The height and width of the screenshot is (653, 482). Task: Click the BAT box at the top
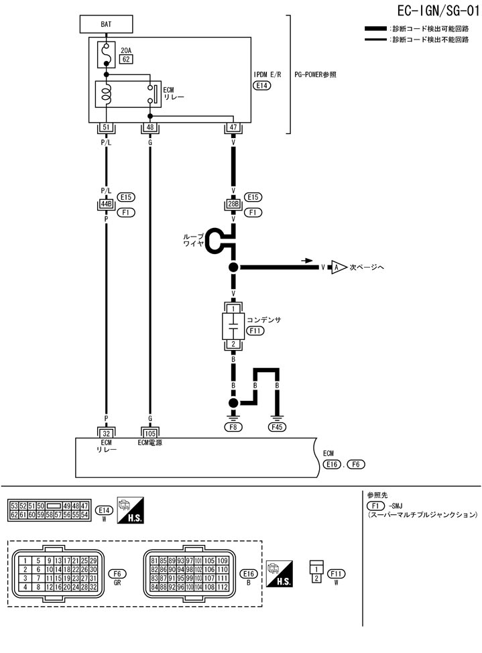(x=107, y=24)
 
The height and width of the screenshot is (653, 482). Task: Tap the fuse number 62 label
(x=125, y=60)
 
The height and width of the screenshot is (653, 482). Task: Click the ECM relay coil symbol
(x=106, y=93)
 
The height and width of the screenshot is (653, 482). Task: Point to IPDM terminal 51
(x=106, y=127)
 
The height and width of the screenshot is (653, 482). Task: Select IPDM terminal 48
(x=149, y=127)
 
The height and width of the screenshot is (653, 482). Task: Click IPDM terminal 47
(x=233, y=127)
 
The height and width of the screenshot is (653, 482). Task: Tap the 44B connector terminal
(x=106, y=203)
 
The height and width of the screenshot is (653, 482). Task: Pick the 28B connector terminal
(x=233, y=203)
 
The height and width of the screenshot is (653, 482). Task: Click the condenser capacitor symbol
(x=233, y=326)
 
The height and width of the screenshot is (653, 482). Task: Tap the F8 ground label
(x=233, y=426)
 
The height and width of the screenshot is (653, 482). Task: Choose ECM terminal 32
(x=106, y=433)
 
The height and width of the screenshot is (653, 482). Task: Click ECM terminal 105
(x=149, y=433)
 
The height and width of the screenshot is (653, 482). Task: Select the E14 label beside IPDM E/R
(x=261, y=86)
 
